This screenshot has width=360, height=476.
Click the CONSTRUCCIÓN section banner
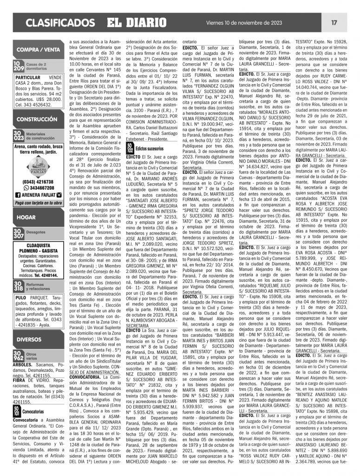pyautogui.click(x=39, y=119)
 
